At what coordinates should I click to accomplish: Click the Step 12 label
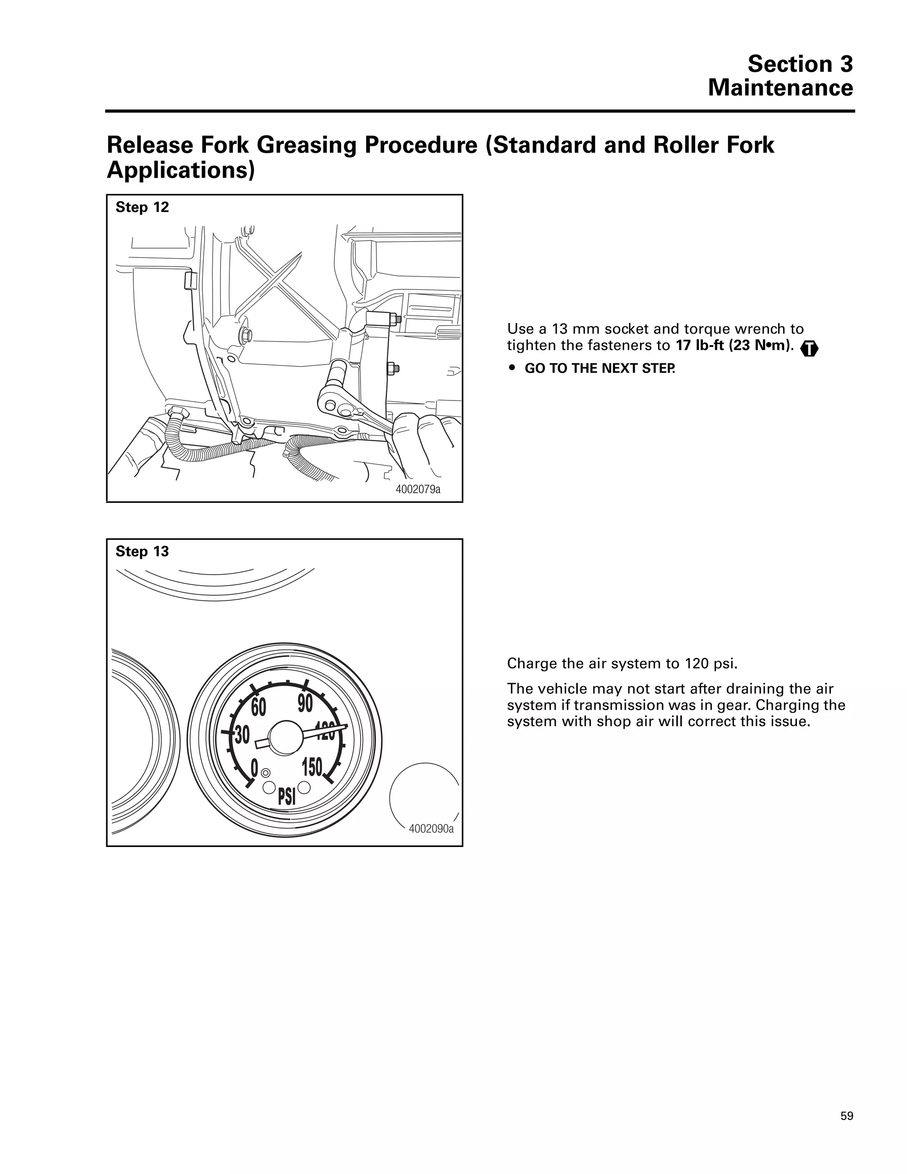click(x=142, y=207)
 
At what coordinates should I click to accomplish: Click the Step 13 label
click(x=142, y=552)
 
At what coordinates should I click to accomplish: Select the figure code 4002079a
click(x=418, y=489)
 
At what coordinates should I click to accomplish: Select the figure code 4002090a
click(x=431, y=828)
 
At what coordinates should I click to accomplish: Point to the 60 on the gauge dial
click(x=259, y=708)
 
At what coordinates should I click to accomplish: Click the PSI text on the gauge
click(x=287, y=797)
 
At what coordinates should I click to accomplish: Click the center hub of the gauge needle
click(x=285, y=738)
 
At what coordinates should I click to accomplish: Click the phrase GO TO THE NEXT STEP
click(x=599, y=369)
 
